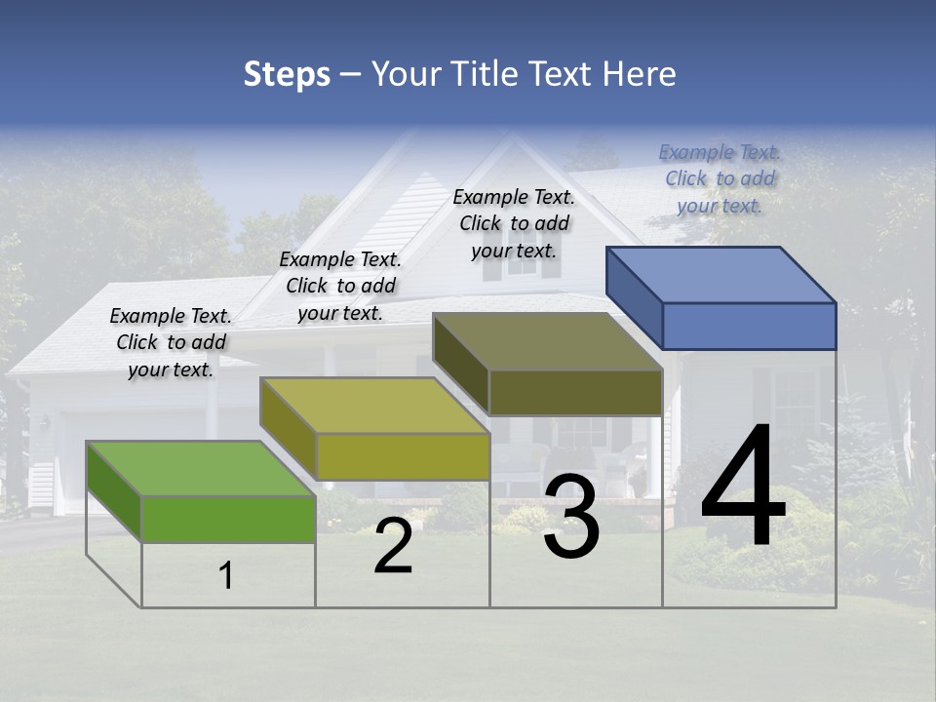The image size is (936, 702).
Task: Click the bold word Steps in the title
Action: point(287,74)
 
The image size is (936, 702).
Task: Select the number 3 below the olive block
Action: point(571,517)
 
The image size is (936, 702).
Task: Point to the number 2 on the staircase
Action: point(394,546)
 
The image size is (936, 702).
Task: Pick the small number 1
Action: point(226,575)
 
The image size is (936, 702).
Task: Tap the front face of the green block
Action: point(228,519)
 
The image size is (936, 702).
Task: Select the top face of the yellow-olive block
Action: point(374,405)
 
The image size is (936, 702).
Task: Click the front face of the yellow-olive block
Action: point(403,456)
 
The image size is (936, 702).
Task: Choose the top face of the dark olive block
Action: point(547,341)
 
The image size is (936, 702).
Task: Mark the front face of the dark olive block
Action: point(575,392)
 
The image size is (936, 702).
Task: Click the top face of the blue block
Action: point(721,274)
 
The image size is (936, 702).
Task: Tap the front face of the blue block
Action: point(749,326)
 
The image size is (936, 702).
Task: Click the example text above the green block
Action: point(171,342)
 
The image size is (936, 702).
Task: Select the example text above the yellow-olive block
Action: point(340,286)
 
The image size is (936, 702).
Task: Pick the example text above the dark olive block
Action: point(514,223)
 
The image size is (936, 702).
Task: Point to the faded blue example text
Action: point(720,178)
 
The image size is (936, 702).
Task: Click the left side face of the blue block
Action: point(635,297)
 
